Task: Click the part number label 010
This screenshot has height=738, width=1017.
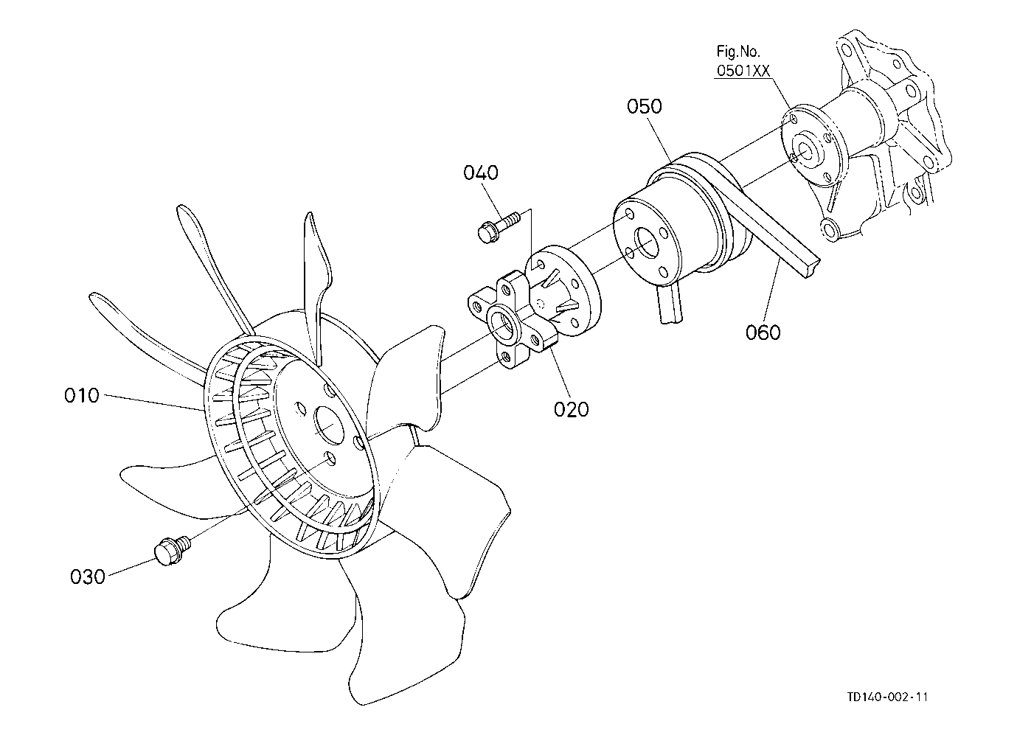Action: pos(81,396)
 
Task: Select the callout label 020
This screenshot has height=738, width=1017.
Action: pos(572,408)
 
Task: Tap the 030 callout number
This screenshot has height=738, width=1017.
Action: pos(88,576)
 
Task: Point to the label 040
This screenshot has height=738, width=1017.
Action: pos(481,173)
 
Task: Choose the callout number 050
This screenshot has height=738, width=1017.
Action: pos(645,106)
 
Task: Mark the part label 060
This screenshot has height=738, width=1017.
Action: pos(763,333)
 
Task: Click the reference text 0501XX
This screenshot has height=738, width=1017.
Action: pos(743,70)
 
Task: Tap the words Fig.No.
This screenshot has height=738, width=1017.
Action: pos(738,52)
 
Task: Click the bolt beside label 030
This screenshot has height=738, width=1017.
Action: pos(170,549)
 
